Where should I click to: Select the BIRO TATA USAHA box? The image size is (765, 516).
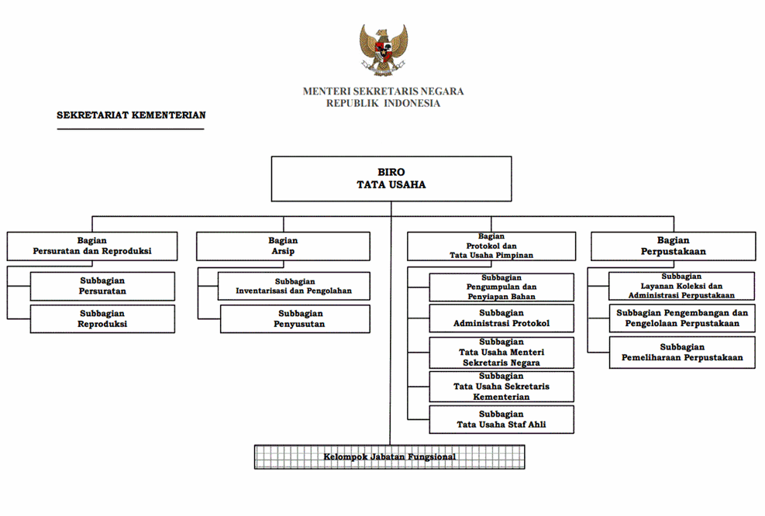(391, 179)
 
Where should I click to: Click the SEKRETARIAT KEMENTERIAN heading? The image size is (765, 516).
(131, 115)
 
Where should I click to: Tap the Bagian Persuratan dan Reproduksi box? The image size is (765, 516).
(92, 246)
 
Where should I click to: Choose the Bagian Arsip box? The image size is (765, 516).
(283, 246)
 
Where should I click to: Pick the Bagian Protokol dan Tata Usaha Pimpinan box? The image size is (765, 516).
(491, 246)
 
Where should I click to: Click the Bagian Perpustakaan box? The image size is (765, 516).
(673, 246)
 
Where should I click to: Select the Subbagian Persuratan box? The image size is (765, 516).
(102, 286)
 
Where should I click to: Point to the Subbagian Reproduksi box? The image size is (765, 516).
(102, 319)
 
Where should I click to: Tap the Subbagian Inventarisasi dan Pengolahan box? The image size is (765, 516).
(294, 286)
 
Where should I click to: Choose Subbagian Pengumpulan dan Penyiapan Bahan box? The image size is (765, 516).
(501, 287)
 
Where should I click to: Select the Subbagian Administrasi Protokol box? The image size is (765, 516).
(501, 318)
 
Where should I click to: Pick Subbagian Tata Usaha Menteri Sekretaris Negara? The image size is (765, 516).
(501, 353)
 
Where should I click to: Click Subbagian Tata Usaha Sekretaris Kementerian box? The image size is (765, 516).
(501, 387)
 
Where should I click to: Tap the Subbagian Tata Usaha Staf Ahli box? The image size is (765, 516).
(501, 419)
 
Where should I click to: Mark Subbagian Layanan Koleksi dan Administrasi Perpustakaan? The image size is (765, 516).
(681, 286)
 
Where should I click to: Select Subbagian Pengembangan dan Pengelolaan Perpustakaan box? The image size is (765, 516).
(681, 318)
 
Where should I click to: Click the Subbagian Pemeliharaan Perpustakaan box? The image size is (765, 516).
(681, 353)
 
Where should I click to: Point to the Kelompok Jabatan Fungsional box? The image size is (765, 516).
(389, 457)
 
